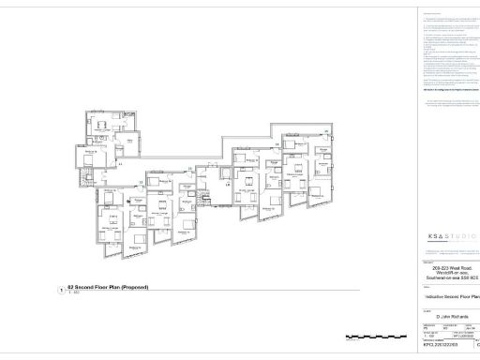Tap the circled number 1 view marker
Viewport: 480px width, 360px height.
point(61,291)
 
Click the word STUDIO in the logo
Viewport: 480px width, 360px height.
point(461,236)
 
